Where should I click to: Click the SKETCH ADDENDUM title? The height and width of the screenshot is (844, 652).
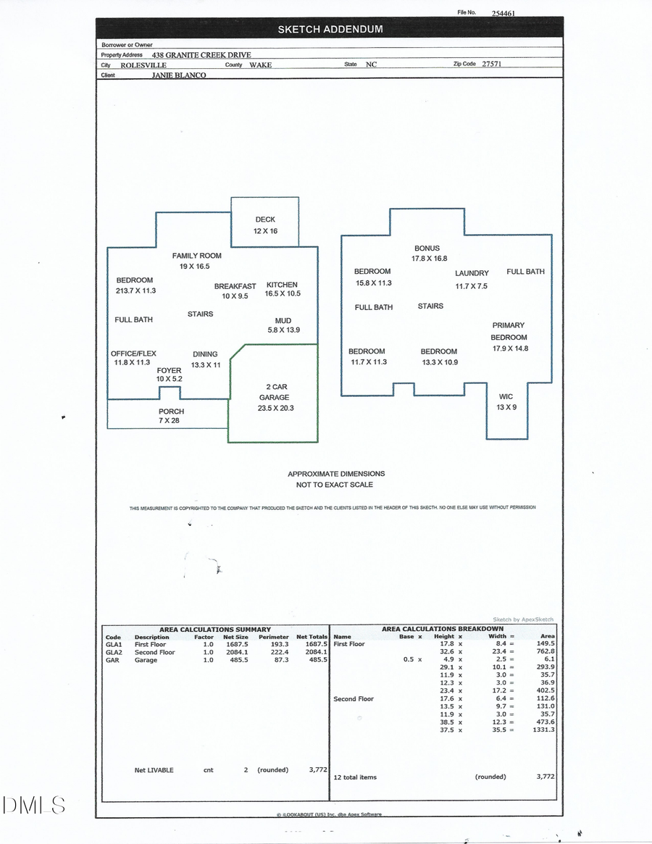(330, 30)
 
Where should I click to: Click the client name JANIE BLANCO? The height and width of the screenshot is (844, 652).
(178, 75)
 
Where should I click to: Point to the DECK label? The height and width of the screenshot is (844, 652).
(265, 220)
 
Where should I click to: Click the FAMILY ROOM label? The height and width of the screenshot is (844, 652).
(196, 256)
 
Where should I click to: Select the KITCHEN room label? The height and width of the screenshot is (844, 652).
(282, 285)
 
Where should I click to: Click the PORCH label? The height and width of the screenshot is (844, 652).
(171, 411)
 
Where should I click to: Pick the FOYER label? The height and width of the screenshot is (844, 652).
(169, 370)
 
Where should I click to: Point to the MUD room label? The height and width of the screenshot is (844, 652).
(283, 321)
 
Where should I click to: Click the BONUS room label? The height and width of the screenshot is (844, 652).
(427, 248)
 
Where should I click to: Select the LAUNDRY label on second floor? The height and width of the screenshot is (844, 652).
(472, 273)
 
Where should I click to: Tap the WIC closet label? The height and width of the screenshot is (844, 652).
(506, 397)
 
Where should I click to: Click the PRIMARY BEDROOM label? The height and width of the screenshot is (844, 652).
(509, 331)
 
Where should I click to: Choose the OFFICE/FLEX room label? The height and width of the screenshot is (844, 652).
(133, 354)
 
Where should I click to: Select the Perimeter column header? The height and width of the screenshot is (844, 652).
(273, 637)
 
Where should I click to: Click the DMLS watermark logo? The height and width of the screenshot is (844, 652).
(34, 805)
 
